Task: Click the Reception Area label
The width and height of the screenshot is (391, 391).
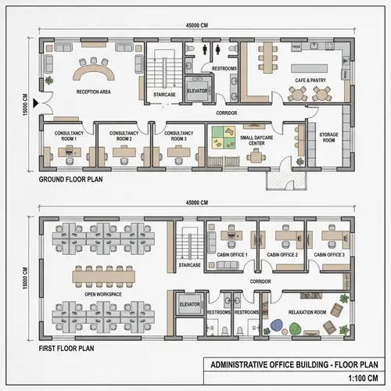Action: [93, 92]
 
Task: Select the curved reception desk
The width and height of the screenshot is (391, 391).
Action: [93, 73]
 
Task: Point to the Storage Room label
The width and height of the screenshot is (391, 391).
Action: [328, 138]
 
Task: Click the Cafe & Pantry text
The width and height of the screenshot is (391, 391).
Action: [310, 81]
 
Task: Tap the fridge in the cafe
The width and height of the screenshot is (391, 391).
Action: [296, 48]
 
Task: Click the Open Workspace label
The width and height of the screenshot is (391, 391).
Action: [101, 294]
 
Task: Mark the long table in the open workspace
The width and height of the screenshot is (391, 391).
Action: [101, 275]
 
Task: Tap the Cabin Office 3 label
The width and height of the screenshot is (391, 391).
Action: [329, 255]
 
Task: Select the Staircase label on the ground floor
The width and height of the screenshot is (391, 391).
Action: [164, 94]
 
